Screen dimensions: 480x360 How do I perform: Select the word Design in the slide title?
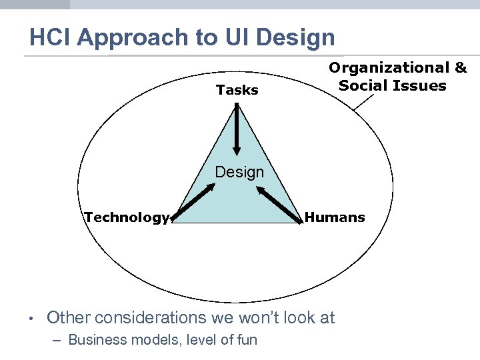(295, 37)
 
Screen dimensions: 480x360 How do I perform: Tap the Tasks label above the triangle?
(237, 90)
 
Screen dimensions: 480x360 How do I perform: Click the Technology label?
(127, 217)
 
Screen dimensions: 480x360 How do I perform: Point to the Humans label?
(335, 217)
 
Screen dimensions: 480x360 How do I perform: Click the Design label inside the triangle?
(239, 172)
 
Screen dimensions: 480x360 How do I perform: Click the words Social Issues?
(393, 85)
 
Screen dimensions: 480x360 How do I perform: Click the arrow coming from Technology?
(194, 203)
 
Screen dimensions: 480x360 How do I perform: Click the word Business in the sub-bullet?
(97, 339)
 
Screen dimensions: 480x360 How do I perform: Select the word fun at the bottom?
(246, 339)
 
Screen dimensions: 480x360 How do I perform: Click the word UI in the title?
(239, 37)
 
